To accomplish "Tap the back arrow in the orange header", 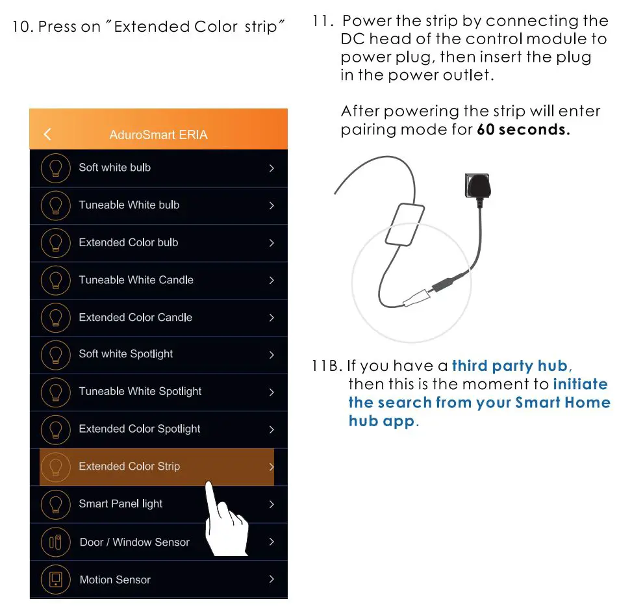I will [47, 134].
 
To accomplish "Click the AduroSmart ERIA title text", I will [158, 135].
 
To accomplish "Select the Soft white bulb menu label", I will [114, 168].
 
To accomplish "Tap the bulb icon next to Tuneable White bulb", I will [55, 205].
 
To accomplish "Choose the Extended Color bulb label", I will [128, 242].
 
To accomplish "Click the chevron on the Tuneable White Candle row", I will [272, 281].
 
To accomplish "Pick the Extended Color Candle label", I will [135, 318].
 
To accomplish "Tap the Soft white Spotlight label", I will [125, 354].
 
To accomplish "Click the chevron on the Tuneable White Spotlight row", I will [272, 392].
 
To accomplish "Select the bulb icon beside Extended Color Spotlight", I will [55, 429].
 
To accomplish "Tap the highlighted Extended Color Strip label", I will [129, 466].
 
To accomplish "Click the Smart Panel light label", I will [120, 504].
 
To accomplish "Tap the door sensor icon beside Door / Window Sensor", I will [55, 542].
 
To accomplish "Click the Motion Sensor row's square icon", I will [55, 579].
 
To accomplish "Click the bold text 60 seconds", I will [523, 129].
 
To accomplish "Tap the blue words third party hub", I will [509, 366].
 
